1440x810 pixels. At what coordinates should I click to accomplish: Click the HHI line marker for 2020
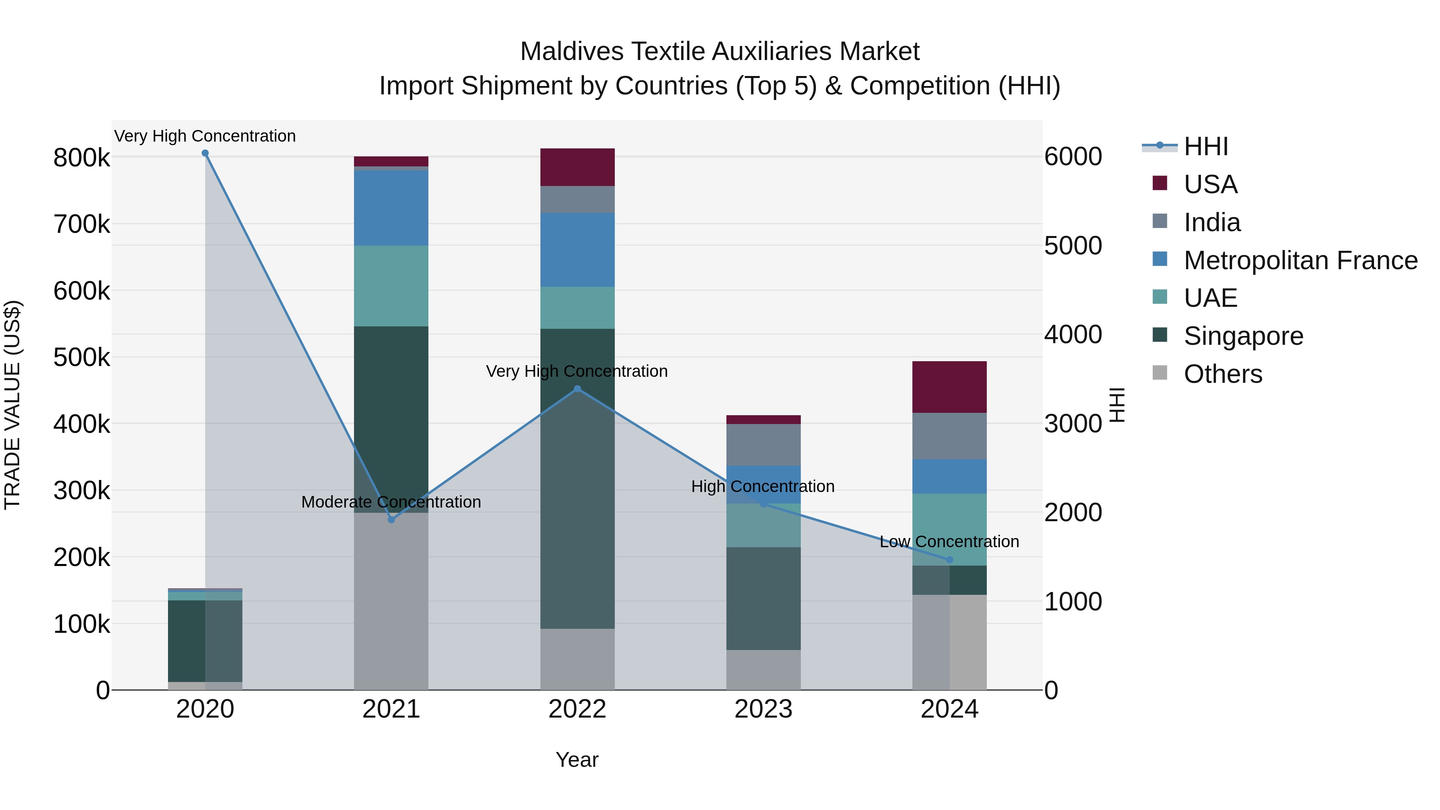pyautogui.click(x=205, y=153)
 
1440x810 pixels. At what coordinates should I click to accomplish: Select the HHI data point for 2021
pyautogui.click(x=391, y=520)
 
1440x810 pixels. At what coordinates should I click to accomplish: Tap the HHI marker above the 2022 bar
pyautogui.click(x=578, y=389)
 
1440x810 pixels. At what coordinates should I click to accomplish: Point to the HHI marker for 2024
pyautogui.click(x=949, y=560)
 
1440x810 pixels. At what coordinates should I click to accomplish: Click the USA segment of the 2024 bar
pyautogui.click(x=949, y=387)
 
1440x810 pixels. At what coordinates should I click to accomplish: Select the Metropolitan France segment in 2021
pyautogui.click(x=391, y=208)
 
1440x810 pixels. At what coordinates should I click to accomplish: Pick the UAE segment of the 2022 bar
pyautogui.click(x=578, y=308)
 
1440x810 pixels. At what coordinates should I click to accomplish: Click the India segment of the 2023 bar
pyautogui.click(x=763, y=445)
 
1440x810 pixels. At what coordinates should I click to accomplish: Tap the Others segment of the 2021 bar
pyautogui.click(x=391, y=601)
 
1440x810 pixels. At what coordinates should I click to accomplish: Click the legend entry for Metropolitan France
pyautogui.click(x=1300, y=260)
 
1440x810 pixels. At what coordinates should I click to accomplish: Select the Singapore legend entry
pyautogui.click(x=1243, y=336)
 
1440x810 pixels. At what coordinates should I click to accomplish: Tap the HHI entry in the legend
pyautogui.click(x=1206, y=146)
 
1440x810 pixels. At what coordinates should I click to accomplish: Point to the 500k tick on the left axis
pyautogui.click(x=82, y=357)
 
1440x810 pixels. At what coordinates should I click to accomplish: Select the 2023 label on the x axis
pyautogui.click(x=763, y=709)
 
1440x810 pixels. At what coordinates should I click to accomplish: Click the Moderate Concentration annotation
pyautogui.click(x=391, y=502)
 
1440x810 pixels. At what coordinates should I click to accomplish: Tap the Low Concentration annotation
pyautogui.click(x=949, y=542)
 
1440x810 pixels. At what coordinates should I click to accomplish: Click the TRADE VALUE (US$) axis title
pyautogui.click(x=12, y=405)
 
